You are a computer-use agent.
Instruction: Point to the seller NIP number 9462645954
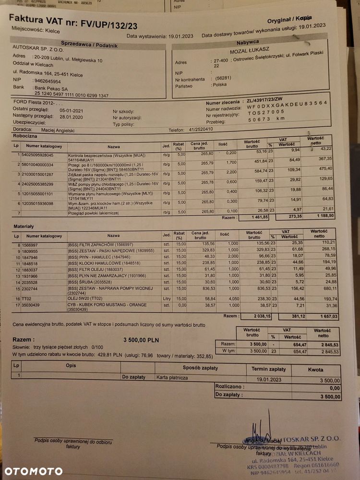48,81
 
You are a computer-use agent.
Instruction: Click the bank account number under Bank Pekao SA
71,96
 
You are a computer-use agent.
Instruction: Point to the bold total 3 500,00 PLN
141,339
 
